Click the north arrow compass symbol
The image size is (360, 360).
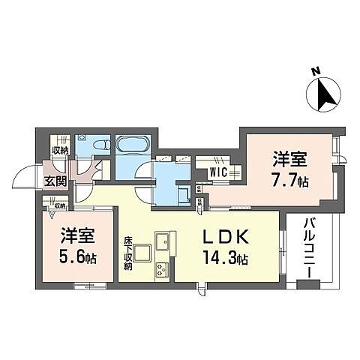323,94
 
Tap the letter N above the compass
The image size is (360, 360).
316,73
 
